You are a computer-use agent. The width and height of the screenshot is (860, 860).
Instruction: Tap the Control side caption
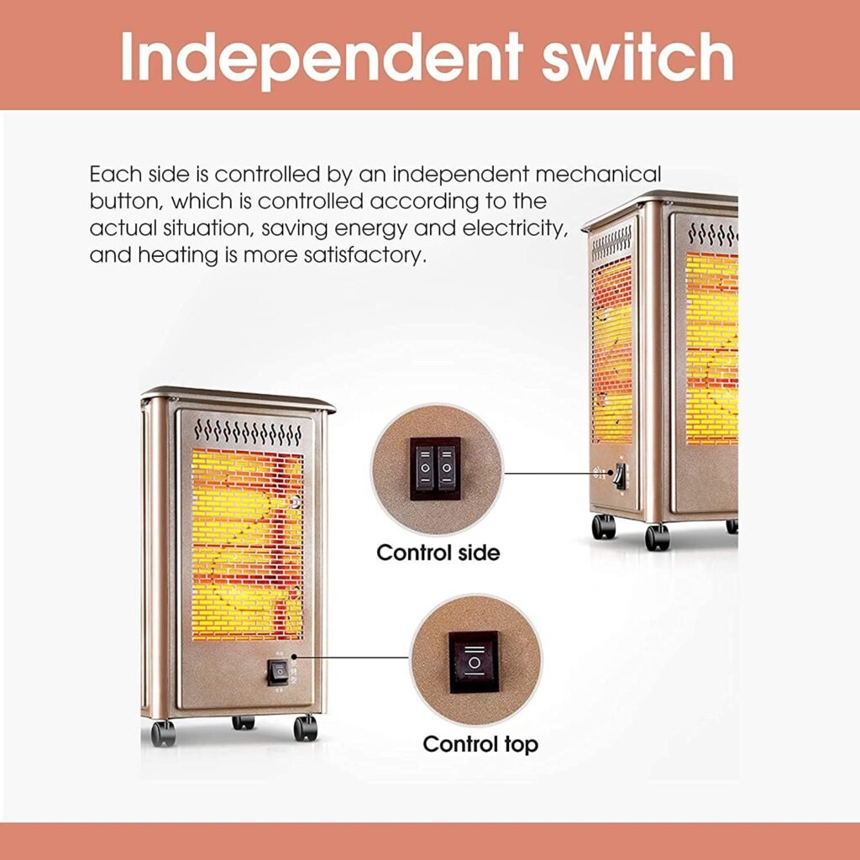point(438,553)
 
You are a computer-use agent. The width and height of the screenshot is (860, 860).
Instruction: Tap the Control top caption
point(480,744)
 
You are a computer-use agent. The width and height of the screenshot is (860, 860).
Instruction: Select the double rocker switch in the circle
point(436,469)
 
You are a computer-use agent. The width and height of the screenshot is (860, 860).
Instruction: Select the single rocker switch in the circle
point(475,662)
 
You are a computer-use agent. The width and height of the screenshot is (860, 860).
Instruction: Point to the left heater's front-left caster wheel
point(163,733)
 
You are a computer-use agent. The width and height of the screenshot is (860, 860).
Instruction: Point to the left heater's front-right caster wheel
point(306,727)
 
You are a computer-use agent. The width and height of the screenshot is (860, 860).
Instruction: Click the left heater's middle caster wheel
point(244,722)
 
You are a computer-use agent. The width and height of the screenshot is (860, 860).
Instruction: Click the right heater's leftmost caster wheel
point(603,527)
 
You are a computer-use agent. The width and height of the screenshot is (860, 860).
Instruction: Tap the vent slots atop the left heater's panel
point(248,433)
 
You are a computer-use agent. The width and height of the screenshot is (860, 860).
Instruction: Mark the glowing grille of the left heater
point(248,544)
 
